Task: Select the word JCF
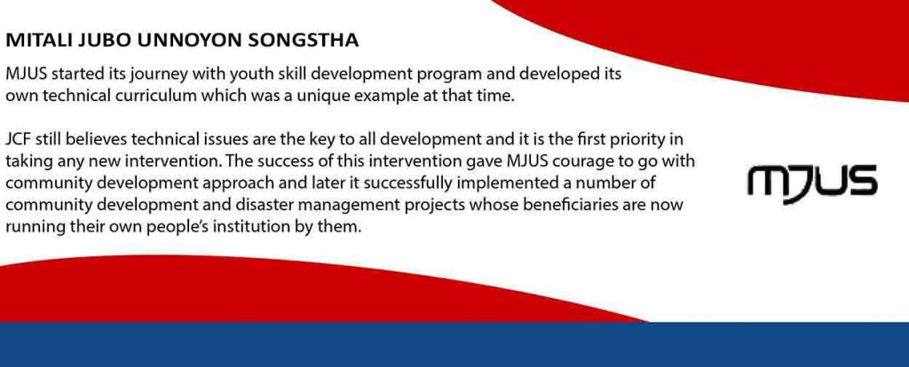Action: pos(18,139)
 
